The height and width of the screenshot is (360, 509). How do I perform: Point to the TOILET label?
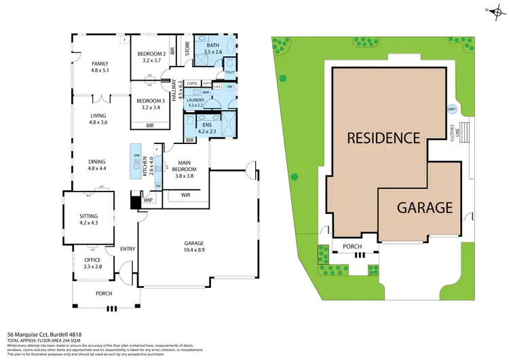pos(229,71)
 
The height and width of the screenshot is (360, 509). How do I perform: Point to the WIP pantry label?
pos(149,200)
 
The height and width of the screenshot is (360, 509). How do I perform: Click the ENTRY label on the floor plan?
pos(127,249)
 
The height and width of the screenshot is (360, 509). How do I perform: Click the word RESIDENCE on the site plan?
pos(383,138)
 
